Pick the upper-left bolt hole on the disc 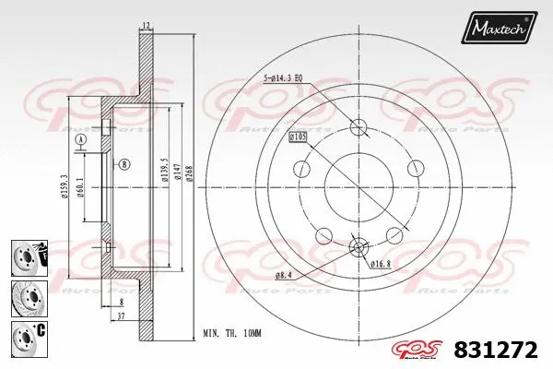300,169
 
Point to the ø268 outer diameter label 187,171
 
